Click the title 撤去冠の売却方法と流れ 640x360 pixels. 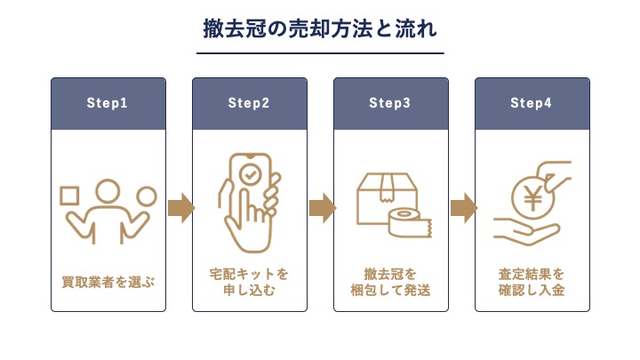[x=319, y=30]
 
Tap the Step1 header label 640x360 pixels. [x=108, y=103]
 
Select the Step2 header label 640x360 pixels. [x=249, y=103]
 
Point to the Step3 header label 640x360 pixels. [x=390, y=103]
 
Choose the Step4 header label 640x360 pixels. [x=532, y=103]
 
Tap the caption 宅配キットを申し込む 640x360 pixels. [x=249, y=281]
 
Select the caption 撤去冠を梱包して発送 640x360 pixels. [x=390, y=281]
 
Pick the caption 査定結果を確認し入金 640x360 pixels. [x=532, y=281]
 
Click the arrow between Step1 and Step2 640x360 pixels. [x=180, y=208]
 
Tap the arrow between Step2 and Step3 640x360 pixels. [x=321, y=208]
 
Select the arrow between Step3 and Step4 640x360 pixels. [x=462, y=208]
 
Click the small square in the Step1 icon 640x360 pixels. [x=69, y=195]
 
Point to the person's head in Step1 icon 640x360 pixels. [x=108, y=190]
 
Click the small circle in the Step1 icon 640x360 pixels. [x=147, y=196]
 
